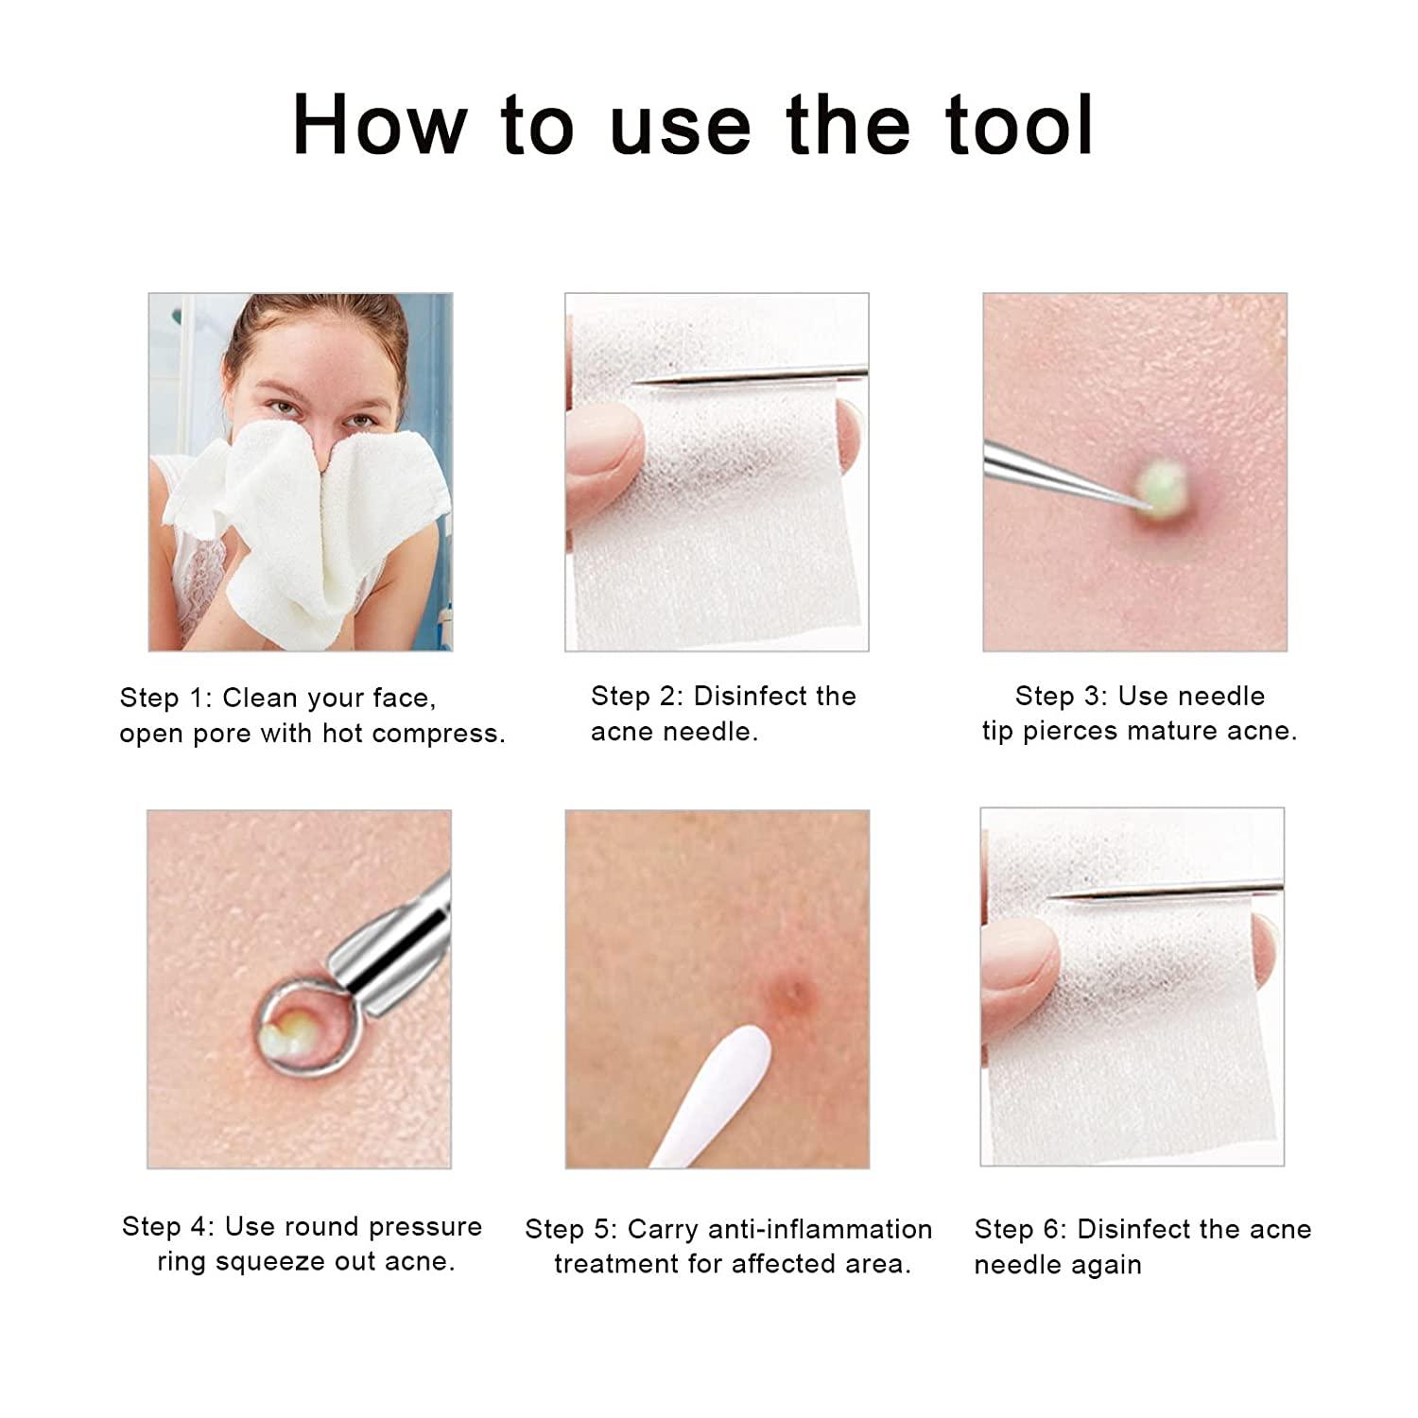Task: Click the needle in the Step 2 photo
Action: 747,375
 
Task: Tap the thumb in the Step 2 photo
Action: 605,444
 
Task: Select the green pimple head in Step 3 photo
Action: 1161,482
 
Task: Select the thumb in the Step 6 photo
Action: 1021,964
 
